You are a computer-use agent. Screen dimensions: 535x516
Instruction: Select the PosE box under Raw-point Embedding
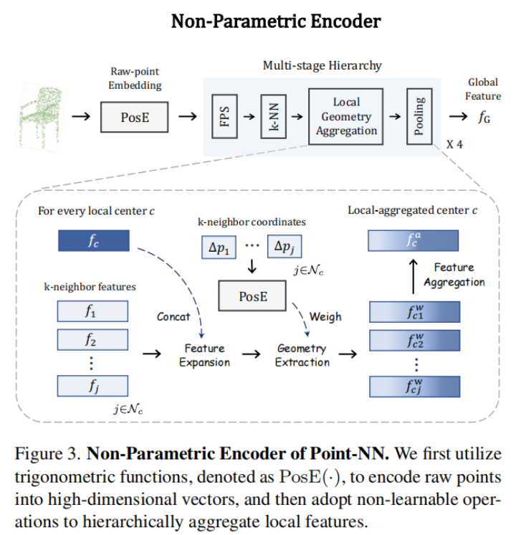click(x=135, y=116)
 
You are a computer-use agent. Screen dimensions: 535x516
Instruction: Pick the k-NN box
click(x=269, y=116)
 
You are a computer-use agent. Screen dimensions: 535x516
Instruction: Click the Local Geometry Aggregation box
click(x=346, y=116)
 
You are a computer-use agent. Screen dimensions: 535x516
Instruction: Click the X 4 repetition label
click(x=454, y=144)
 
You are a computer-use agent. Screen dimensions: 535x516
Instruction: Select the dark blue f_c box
click(x=92, y=240)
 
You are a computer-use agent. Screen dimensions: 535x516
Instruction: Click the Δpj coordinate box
click(x=285, y=247)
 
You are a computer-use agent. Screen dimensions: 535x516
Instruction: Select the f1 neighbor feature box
click(x=92, y=312)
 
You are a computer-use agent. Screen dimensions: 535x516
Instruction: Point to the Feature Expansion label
click(x=204, y=355)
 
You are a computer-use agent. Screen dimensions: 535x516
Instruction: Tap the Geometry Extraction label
click(x=302, y=355)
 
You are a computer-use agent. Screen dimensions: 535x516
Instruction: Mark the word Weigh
click(x=325, y=316)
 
